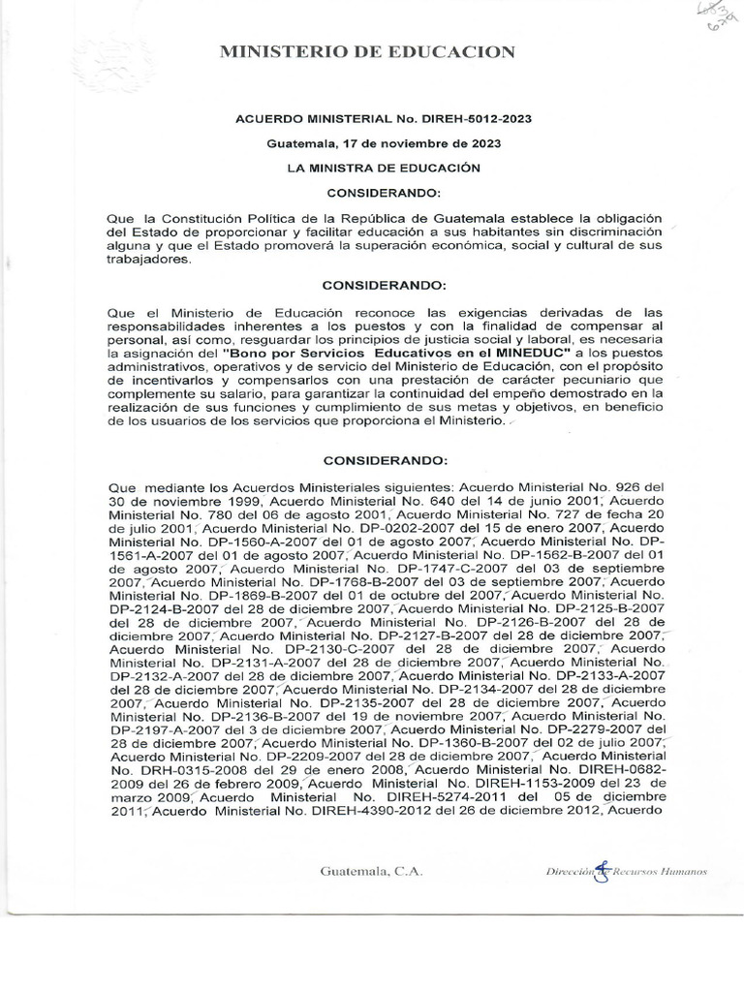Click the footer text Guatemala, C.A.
click(371, 871)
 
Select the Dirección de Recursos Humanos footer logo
click(626, 871)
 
